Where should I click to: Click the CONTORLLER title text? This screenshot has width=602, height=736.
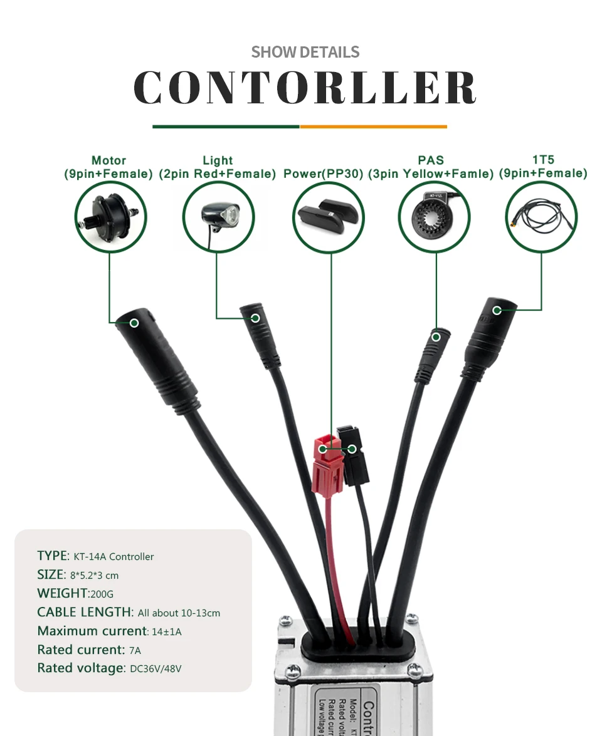pyautogui.click(x=305, y=87)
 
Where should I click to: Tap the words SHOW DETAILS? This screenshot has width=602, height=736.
pyautogui.click(x=305, y=52)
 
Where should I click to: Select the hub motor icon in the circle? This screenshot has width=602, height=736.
pyautogui.click(x=110, y=216)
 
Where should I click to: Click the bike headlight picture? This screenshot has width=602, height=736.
pyautogui.click(x=218, y=217)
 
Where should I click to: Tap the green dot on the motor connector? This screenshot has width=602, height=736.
pyautogui.click(x=134, y=323)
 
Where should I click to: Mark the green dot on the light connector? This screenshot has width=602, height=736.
pyautogui.click(x=255, y=318)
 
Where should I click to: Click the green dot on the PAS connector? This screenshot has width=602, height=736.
pyautogui.click(x=435, y=337)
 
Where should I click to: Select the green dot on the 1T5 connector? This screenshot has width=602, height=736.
pyautogui.click(x=497, y=310)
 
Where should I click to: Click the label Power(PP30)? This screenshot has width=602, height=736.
pyautogui.click(x=323, y=174)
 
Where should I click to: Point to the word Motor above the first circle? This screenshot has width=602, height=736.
pyautogui.click(x=108, y=161)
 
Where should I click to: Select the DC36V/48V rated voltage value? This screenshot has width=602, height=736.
pyautogui.click(x=156, y=669)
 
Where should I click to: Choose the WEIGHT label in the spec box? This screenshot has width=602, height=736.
pyautogui.click(x=62, y=593)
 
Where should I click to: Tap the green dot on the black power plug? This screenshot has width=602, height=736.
pyautogui.click(x=352, y=448)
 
